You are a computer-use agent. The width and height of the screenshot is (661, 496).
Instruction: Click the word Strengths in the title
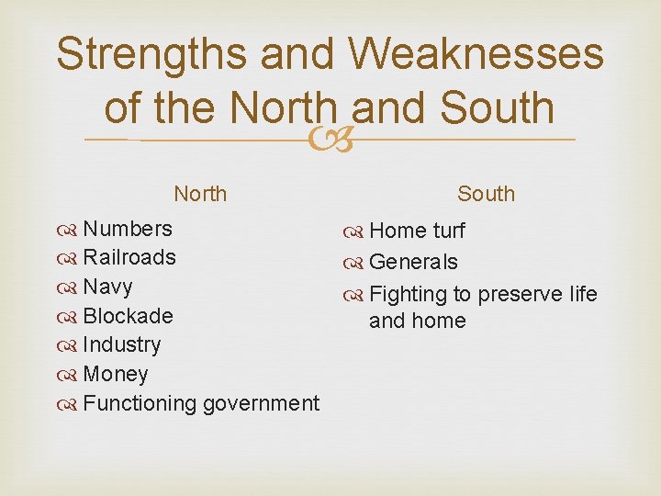[x=152, y=54]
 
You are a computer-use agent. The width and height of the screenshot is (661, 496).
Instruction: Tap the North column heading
[x=200, y=194]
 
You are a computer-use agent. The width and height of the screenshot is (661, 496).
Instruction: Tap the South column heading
[x=486, y=194]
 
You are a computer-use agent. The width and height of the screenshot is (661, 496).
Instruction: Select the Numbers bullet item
[x=127, y=229]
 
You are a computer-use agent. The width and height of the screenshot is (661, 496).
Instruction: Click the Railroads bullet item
[x=129, y=257]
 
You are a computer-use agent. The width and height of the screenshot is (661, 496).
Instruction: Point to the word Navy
[x=107, y=287]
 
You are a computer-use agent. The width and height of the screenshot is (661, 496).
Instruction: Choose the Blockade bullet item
[x=128, y=316]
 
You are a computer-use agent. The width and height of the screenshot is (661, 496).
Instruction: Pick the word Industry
[x=121, y=345]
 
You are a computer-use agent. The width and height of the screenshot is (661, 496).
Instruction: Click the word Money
[x=115, y=375]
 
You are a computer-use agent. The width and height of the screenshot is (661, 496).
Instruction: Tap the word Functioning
[x=140, y=403]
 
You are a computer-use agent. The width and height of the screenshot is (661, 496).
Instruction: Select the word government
[x=262, y=403]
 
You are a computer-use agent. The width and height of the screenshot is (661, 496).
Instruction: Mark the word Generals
[x=413, y=263]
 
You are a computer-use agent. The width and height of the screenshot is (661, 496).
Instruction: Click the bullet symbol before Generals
[x=357, y=264]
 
